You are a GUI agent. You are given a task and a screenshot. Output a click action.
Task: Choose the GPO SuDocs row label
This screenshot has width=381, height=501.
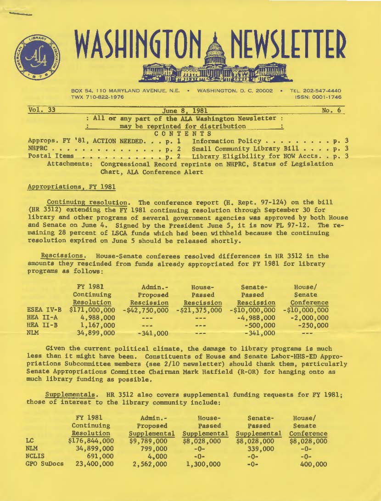(x=44, y=464)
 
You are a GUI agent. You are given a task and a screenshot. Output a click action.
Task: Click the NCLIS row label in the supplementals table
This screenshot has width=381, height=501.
(x=36, y=456)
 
